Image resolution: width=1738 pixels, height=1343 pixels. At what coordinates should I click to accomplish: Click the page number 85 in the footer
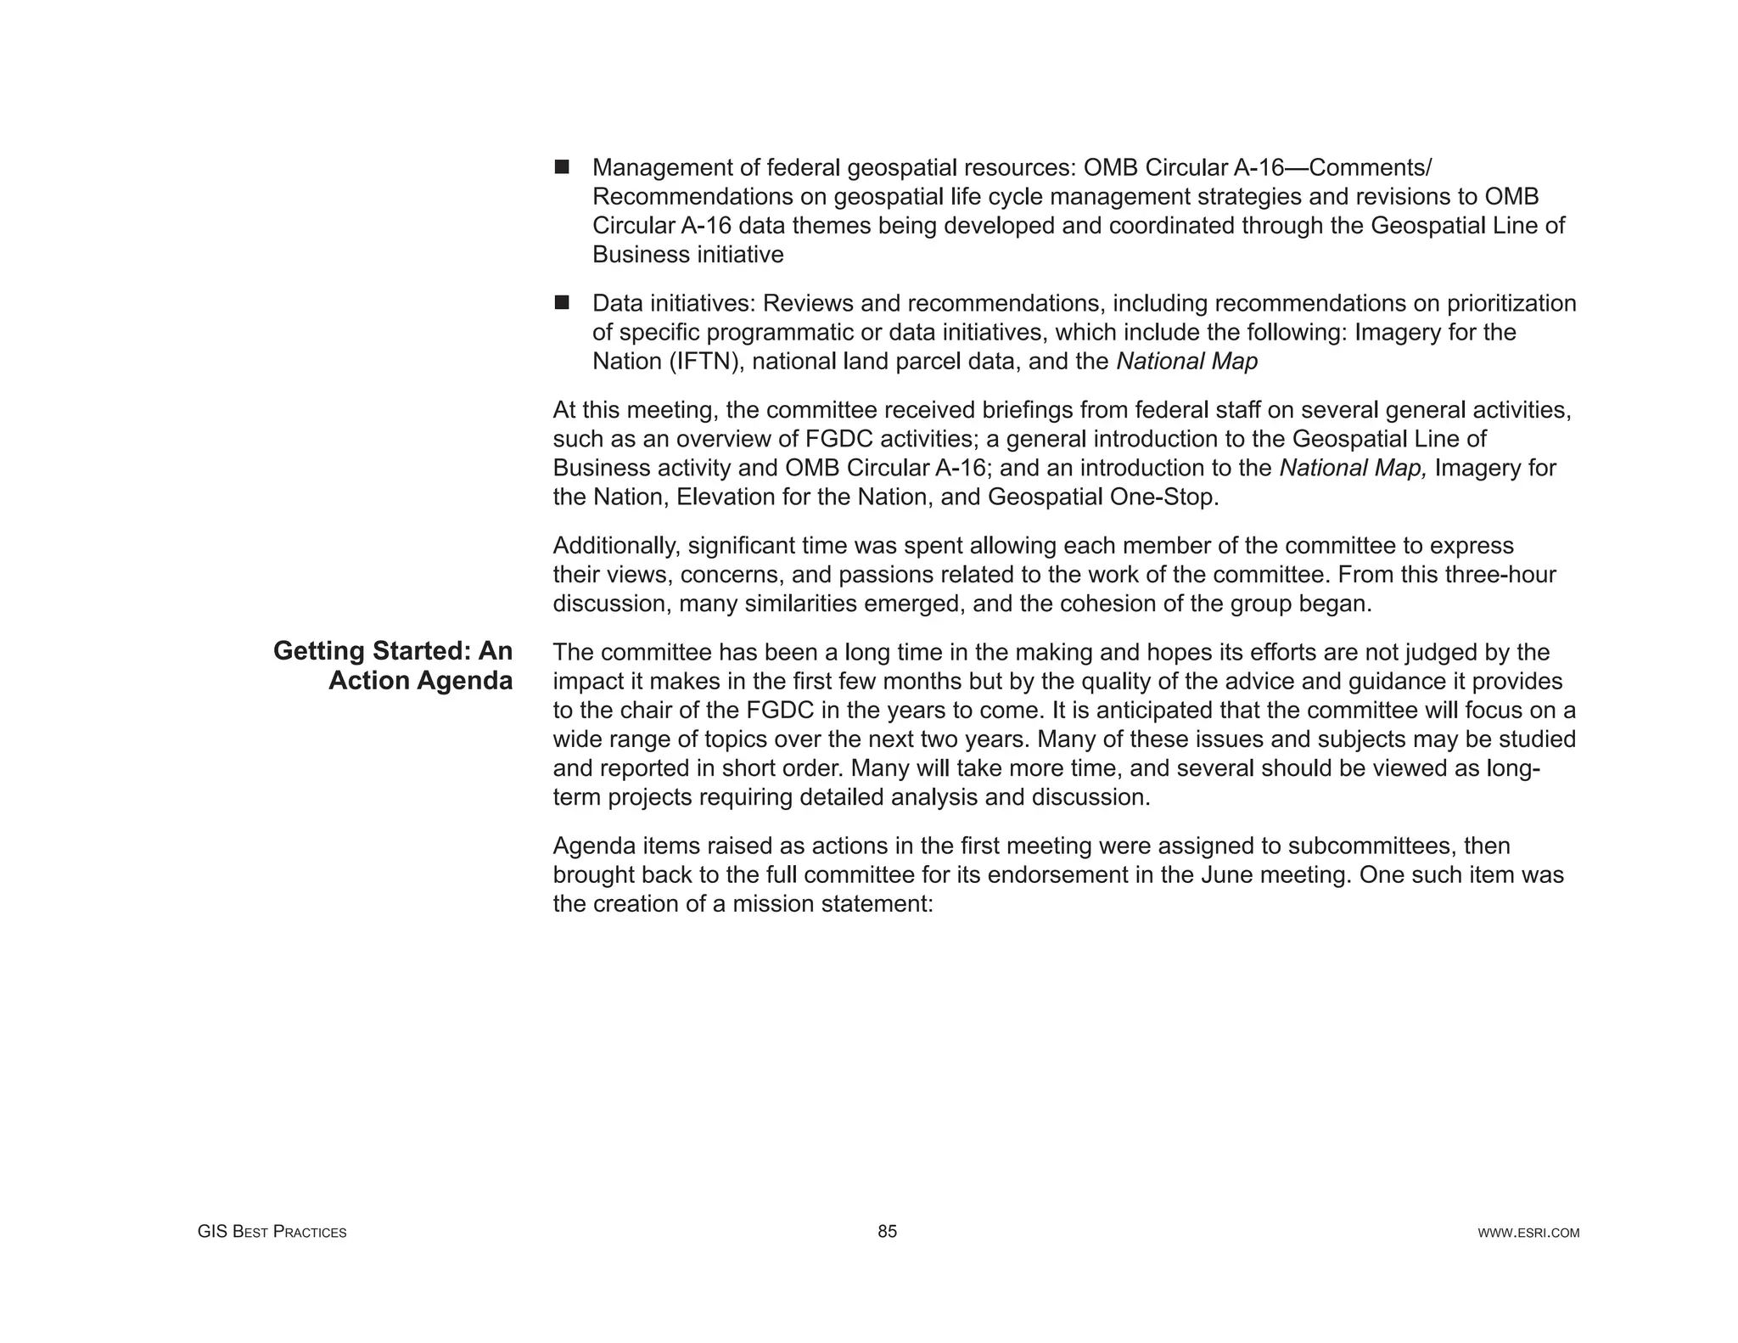coord(887,1232)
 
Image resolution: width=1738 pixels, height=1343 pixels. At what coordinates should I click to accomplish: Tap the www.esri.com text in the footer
coord(1528,1233)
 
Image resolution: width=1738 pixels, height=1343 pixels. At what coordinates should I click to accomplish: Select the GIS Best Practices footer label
coord(272,1232)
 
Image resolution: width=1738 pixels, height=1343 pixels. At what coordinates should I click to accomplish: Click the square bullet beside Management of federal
coord(562,166)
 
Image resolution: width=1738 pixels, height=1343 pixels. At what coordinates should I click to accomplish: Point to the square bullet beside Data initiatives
coord(562,302)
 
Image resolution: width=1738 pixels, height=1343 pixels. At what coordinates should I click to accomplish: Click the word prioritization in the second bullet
coord(1511,303)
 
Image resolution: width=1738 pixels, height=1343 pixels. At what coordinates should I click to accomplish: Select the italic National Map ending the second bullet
coord(1186,362)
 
